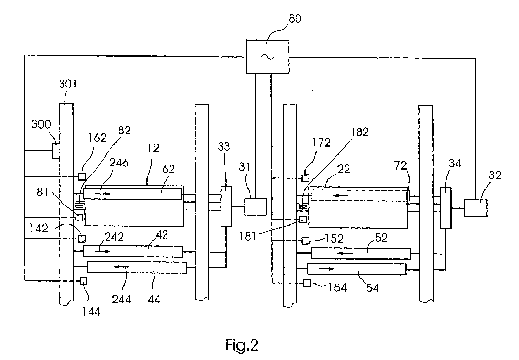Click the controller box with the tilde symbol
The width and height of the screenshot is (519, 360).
coord(267,57)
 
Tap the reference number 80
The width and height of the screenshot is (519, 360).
coord(295,18)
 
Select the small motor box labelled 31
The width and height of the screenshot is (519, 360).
coord(255,207)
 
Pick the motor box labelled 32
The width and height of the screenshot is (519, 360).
coord(476,208)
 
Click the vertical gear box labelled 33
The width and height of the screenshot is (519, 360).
coord(226,206)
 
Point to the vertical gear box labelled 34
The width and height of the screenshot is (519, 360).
coord(446,208)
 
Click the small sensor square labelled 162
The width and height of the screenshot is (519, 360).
coord(82,176)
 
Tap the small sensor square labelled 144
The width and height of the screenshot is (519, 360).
coord(83,281)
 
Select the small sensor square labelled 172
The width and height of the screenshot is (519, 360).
coord(305,178)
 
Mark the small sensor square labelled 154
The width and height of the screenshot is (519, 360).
coord(308,283)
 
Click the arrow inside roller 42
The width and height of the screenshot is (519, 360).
coord(103,251)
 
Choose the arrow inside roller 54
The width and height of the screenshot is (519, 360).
coord(326,269)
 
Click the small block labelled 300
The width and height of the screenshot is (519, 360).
coord(56,151)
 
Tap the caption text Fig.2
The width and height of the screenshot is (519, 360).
coord(242,345)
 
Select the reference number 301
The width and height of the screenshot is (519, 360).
coord(68,83)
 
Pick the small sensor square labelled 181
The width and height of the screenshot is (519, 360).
coord(302,219)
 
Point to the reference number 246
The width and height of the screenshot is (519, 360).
coord(119,163)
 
